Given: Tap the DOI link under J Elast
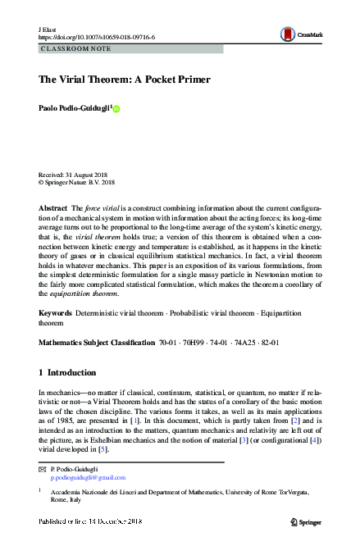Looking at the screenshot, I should click(97, 37).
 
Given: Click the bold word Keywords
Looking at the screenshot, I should click(56, 314).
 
